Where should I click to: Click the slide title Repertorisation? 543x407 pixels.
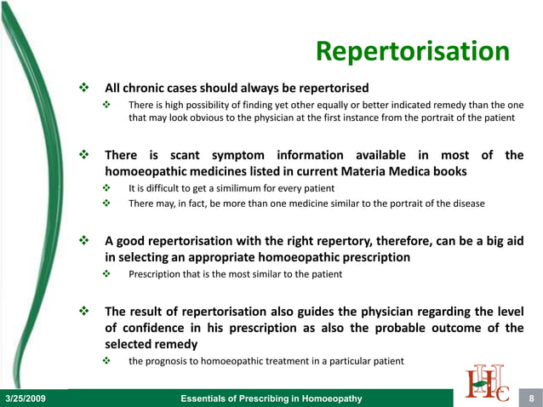coord(412,51)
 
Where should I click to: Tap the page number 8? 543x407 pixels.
coord(531,398)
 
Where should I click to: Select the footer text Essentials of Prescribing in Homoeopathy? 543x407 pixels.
coord(272,398)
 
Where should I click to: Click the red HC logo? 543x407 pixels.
coord(488,381)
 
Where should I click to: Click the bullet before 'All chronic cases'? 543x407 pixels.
coord(83,88)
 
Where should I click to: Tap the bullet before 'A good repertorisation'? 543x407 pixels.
coord(83,241)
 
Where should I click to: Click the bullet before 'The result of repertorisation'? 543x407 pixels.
coord(83,312)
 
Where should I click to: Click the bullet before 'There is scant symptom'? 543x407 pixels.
coord(83,155)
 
